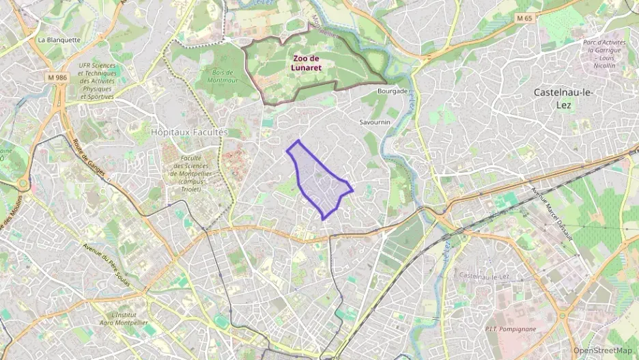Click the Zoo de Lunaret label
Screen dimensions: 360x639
[x=307, y=63]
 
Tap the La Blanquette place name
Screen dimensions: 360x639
[x=59, y=40]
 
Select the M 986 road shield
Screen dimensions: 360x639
[x=58, y=77]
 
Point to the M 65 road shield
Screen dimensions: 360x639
[x=524, y=18]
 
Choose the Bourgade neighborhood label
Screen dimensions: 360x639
[x=393, y=90]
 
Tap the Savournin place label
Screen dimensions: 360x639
[x=374, y=122]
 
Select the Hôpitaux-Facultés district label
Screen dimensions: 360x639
[x=189, y=131]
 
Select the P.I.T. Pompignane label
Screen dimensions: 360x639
[x=510, y=329]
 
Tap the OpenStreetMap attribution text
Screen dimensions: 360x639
[x=602, y=350]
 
